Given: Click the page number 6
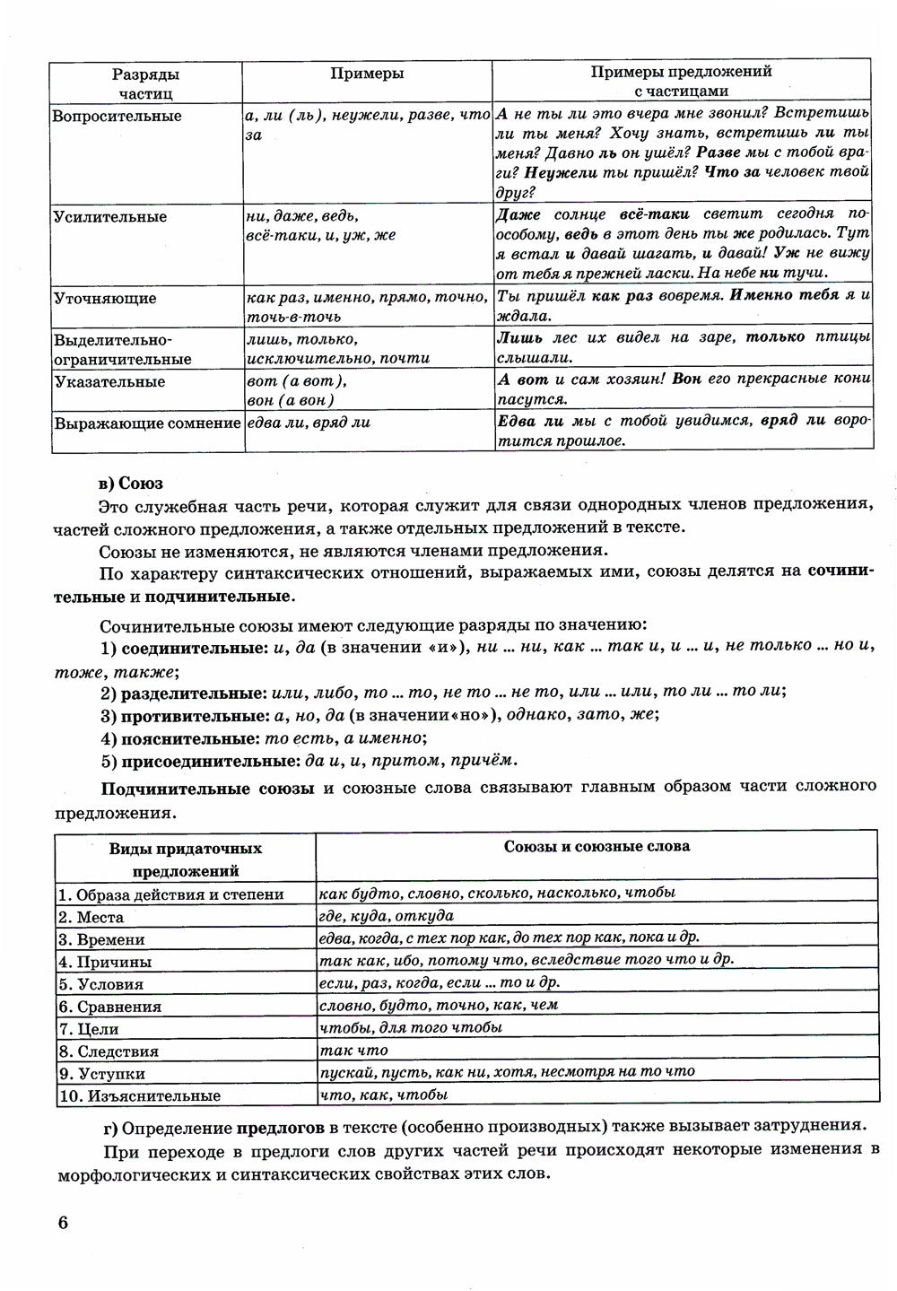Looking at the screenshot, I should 61,1224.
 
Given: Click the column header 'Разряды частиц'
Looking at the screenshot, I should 145,82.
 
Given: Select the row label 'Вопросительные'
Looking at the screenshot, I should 117,117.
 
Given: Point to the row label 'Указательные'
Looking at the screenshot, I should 109,382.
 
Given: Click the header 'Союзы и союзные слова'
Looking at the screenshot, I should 596,846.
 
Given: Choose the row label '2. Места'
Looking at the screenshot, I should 91,917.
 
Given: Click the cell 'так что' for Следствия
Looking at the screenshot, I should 353,1051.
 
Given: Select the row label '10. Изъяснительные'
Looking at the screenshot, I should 139,1095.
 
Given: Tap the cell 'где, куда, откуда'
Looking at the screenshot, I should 386,916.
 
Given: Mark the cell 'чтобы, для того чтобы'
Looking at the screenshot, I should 410,1028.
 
